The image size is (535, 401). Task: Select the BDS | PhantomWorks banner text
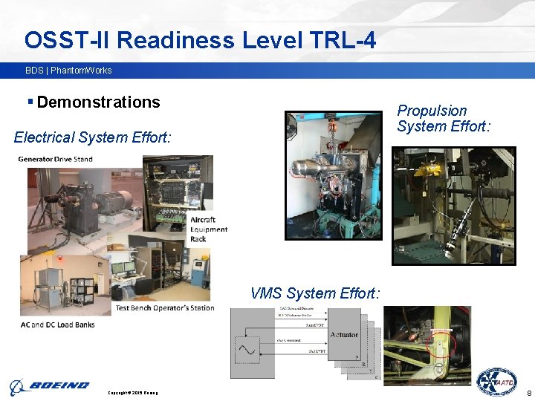click(68, 71)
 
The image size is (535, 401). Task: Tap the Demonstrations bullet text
click(98, 102)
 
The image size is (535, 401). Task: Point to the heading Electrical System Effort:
click(92, 137)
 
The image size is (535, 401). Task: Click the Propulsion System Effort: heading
click(444, 119)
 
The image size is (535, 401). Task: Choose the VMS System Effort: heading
click(315, 294)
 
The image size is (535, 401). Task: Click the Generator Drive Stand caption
click(55, 160)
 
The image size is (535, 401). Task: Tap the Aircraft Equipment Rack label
click(208, 229)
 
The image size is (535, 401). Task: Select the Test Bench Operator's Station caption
click(164, 307)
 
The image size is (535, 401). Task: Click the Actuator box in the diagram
click(343, 335)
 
